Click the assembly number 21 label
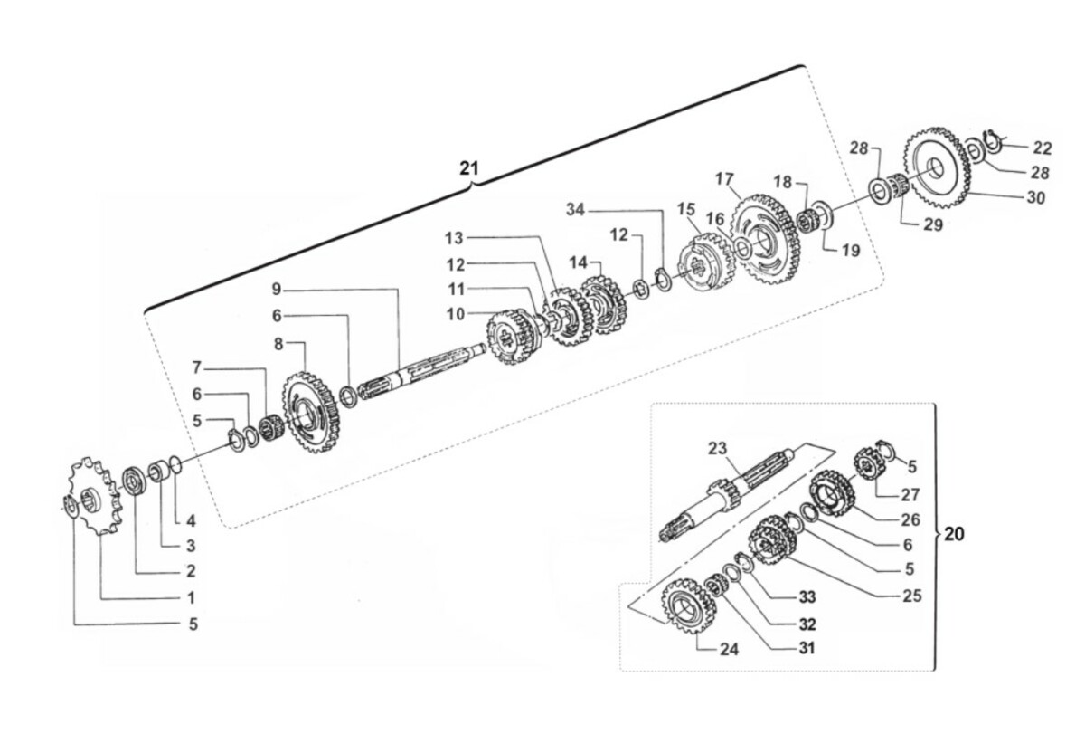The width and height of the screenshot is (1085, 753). coord(468,168)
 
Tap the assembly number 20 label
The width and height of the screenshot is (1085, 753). coord(954,534)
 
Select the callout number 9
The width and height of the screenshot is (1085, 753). coord(276,290)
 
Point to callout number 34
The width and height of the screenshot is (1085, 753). coord(575,210)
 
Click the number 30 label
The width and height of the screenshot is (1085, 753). coord(1035,198)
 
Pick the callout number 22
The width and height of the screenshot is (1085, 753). coord(1043,148)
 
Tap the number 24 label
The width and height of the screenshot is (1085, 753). coord(729,649)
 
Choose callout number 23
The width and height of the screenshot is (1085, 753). coord(717,448)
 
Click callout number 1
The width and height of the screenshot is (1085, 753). coord(192,598)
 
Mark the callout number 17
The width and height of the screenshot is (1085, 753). coord(724,179)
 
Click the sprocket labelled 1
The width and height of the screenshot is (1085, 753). coord(95,497)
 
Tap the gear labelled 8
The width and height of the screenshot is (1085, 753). coord(311,412)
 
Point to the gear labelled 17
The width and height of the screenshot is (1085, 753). coord(764,239)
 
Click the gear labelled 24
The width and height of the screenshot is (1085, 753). coord(688,606)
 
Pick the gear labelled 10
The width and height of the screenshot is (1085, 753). coord(511,338)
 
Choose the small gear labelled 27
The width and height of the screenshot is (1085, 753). coord(870,462)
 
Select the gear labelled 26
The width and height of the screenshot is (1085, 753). coord(832,494)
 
